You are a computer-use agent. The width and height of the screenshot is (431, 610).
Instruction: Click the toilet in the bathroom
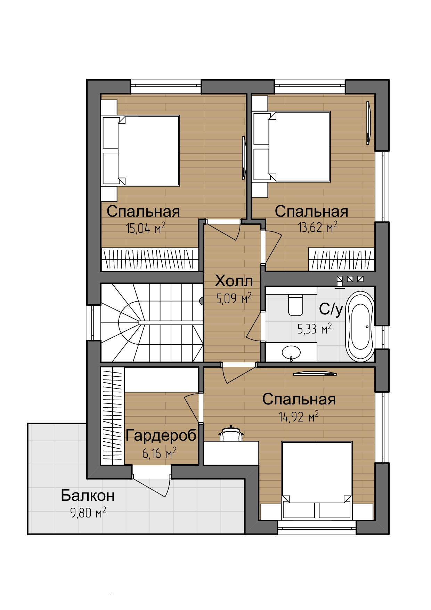coord(295,305)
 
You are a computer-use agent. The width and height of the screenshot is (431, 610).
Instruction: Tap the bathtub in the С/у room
coord(360,326)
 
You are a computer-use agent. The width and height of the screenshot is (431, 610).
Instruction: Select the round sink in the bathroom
coord(291,352)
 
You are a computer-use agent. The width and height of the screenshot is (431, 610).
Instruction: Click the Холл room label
coord(234,281)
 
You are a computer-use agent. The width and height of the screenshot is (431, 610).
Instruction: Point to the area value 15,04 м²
coord(145,228)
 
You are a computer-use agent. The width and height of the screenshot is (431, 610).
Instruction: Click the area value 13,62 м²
coord(317,227)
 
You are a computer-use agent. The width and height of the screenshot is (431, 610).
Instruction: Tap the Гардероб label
coord(161,435)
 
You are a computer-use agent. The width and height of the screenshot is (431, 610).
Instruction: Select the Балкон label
coord(88,496)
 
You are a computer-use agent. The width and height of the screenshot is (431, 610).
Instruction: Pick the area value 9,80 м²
coord(88,513)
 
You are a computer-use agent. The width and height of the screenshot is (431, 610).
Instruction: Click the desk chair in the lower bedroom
coord(231,433)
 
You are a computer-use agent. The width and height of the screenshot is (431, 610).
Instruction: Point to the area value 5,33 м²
coord(315,329)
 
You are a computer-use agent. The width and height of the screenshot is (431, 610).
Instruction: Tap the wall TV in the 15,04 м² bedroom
coord(244,158)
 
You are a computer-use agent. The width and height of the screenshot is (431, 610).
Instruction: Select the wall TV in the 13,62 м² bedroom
coord(368,123)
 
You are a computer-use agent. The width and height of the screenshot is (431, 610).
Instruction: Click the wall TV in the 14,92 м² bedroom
coord(315,374)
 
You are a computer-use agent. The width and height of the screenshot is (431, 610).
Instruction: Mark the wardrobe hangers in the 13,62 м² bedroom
coord(342,259)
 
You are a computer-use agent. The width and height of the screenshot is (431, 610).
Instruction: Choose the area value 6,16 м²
coord(159,453)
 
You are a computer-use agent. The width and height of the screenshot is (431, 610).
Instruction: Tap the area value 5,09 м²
coord(234,298)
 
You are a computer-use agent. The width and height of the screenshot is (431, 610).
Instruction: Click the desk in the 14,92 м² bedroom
coord(231,453)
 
